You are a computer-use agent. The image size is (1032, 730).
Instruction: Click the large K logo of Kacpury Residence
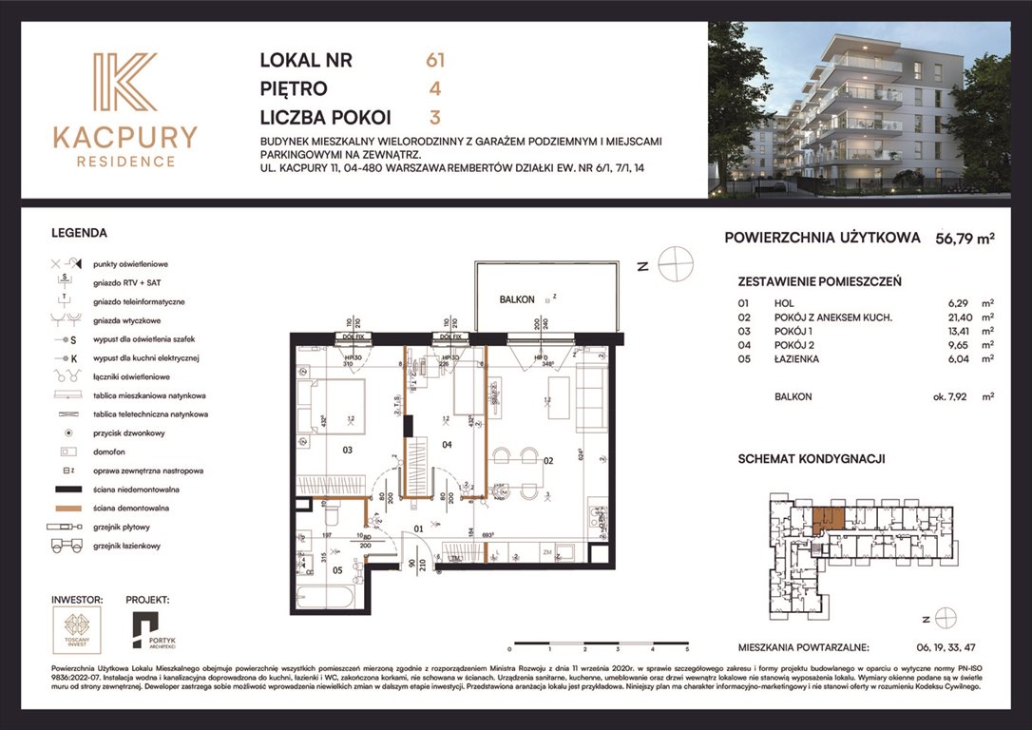[124, 83]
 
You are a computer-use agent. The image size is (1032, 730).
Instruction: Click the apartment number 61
[435, 60]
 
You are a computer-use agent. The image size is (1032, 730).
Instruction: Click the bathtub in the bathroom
[326, 595]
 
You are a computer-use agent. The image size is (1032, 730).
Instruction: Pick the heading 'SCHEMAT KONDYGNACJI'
[812, 458]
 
